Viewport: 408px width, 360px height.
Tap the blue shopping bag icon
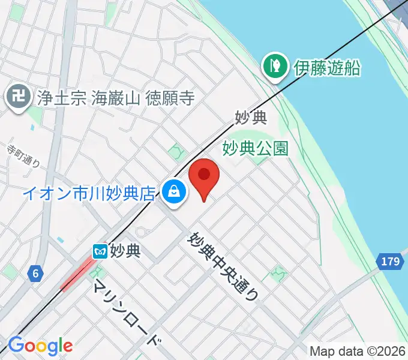pos(173,192)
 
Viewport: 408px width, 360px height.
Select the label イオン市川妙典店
pos(90,193)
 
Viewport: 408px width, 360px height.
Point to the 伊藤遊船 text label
pos(327,67)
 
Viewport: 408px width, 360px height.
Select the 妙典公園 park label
pos(256,148)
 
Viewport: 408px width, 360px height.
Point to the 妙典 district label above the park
pos(251,118)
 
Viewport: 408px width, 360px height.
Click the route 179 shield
pos(390,261)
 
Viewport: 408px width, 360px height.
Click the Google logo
pos(40,346)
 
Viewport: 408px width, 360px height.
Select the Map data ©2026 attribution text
pos(358,350)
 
